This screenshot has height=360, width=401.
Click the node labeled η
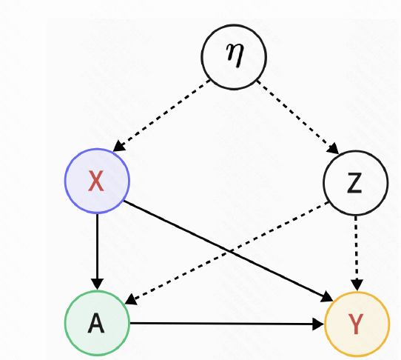(x=234, y=58)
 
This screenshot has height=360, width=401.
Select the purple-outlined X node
(x=97, y=182)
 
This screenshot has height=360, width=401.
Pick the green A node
(x=97, y=324)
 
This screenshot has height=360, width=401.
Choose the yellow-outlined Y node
(x=357, y=324)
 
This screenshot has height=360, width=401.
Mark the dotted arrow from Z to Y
(x=357, y=248)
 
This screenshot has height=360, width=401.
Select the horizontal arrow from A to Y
(x=226, y=324)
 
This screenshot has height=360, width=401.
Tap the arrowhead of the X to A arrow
(x=97, y=284)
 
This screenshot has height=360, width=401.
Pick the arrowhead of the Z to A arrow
(x=129, y=301)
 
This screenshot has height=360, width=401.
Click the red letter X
(x=97, y=182)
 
